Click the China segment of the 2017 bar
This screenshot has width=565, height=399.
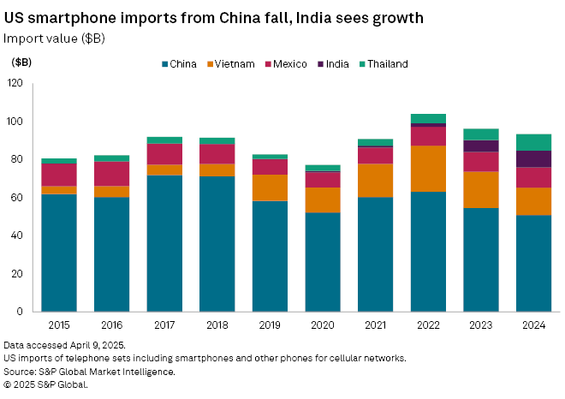coord(164,243)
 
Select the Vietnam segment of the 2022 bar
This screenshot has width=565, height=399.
coord(428,168)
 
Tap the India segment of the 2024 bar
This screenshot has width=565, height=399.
coord(533,158)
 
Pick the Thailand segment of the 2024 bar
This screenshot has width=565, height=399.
coord(533,142)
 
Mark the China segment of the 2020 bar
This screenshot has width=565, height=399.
coord(323,261)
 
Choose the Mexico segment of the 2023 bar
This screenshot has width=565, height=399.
coord(480,162)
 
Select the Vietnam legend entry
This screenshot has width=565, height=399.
coord(234,64)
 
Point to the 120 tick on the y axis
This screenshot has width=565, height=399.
coord(15,83)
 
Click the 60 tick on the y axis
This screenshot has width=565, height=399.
coord(18,198)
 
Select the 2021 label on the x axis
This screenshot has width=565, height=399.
coord(375,325)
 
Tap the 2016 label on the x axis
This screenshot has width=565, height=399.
coord(111,325)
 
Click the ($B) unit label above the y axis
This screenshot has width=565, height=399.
coord(22,63)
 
